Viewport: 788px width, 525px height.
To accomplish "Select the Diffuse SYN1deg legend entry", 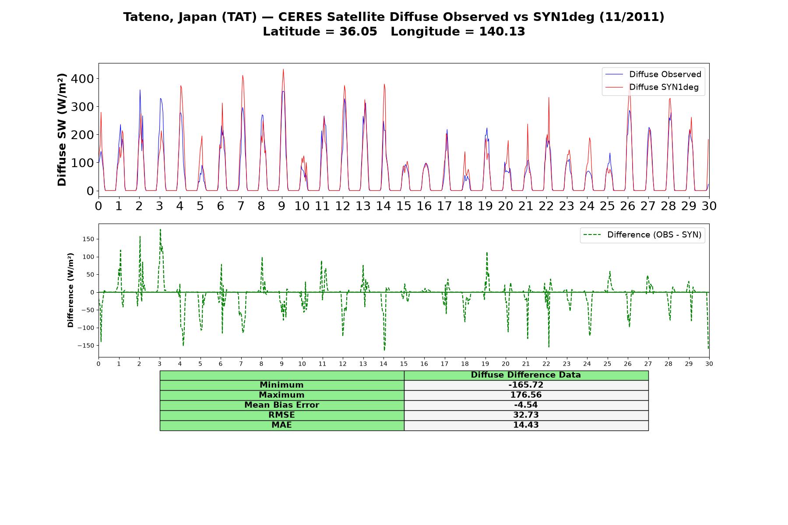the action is coord(652,87).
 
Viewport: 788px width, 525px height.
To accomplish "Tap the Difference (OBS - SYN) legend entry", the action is coord(643,235).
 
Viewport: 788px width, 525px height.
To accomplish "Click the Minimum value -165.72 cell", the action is coord(526,385).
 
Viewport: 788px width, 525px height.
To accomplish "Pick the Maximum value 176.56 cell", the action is coord(526,395).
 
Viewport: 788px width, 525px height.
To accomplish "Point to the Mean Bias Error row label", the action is coord(281,405).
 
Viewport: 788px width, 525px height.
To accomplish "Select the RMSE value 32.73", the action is coord(526,415).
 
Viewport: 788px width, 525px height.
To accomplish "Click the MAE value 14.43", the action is coord(526,425).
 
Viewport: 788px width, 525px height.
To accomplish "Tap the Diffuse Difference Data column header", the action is coord(526,375).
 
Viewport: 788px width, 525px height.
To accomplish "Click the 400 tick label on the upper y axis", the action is coord(84,79).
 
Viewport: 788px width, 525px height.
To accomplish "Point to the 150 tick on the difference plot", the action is coord(88,239).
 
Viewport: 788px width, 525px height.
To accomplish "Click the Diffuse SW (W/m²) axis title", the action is coord(62,130).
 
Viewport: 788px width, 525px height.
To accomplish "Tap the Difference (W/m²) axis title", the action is coord(70,290).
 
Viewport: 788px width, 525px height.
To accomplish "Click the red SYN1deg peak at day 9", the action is coord(283,70).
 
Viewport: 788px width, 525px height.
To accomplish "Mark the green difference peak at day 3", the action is coord(160,230).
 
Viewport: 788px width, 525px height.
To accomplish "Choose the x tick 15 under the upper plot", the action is coord(404,206).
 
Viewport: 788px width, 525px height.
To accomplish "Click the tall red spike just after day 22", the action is coord(549,98).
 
